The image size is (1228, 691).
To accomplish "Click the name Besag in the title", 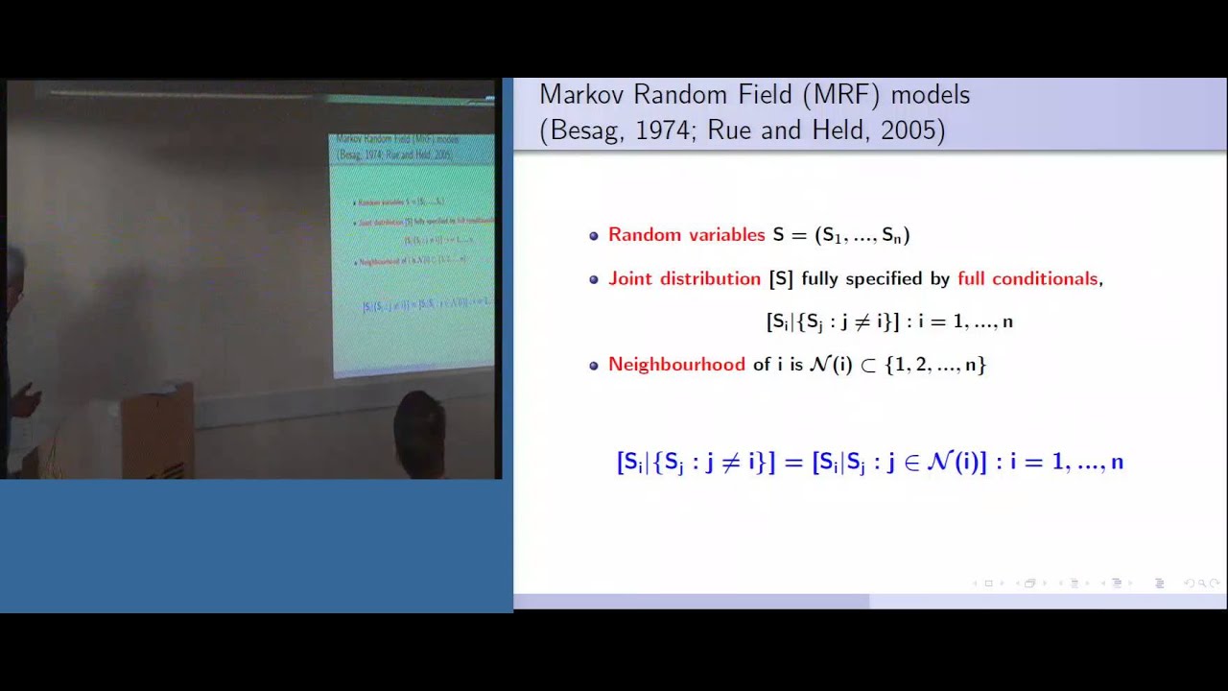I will click(585, 131).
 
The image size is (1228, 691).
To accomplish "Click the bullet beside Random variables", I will click(594, 236).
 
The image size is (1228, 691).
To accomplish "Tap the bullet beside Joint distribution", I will click(594, 280).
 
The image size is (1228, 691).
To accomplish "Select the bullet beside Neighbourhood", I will click(594, 366).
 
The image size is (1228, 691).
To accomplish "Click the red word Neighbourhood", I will click(676, 365).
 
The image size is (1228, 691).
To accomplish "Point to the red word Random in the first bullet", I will click(644, 235).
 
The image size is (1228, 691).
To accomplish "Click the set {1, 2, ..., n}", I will click(935, 365).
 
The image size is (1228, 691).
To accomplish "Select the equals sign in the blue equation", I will click(792, 462).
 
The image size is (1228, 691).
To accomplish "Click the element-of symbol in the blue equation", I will click(913, 463).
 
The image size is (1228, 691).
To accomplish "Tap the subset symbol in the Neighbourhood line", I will click(868, 366).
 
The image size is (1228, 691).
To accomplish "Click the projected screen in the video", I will click(413, 254).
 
